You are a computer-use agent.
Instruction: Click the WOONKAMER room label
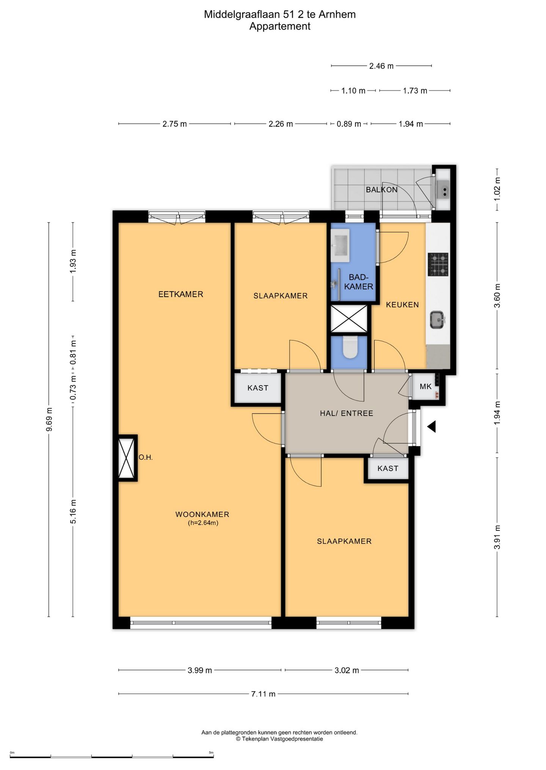pyautogui.click(x=202, y=514)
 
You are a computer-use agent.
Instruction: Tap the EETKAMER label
pyautogui.click(x=180, y=294)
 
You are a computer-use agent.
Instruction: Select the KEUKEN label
pyautogui.click(x=402, y=305)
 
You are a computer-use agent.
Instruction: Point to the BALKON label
pyautogui.click(x=381, y=189)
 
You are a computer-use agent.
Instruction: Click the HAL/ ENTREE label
pyautogui.click(x=347, y=413)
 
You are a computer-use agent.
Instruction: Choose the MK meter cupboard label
pyautogui.click(x=425, y=387)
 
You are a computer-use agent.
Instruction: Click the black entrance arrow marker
pyautogui.click(x=431, y=427)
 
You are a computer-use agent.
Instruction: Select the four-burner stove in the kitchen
pyautogui.click(x=438, y=264)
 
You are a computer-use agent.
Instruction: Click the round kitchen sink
pyautogui.click(x=438, y=320)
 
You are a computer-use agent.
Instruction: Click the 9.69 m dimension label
pyautogui.click(x=49, y=419)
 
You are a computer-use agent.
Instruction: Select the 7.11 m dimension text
pyautogui.click(x=263, y=694)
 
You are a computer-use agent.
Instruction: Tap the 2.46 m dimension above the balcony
pyautogui.click(x=381, y=66)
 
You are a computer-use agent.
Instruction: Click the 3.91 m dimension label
pyautogui.click(x=497, y=537)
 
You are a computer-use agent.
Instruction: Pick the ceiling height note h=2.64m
pyautogui.click(x=203, y=523)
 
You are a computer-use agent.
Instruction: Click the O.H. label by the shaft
pyautogui.click(x=146, y=457)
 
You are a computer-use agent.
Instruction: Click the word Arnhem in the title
pyautogui.click(x=337, y=14)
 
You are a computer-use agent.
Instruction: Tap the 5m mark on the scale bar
pyautogui.click(x=211, y=753)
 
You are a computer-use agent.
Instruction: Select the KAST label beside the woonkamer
pyautogui.click(x=258, y=388)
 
